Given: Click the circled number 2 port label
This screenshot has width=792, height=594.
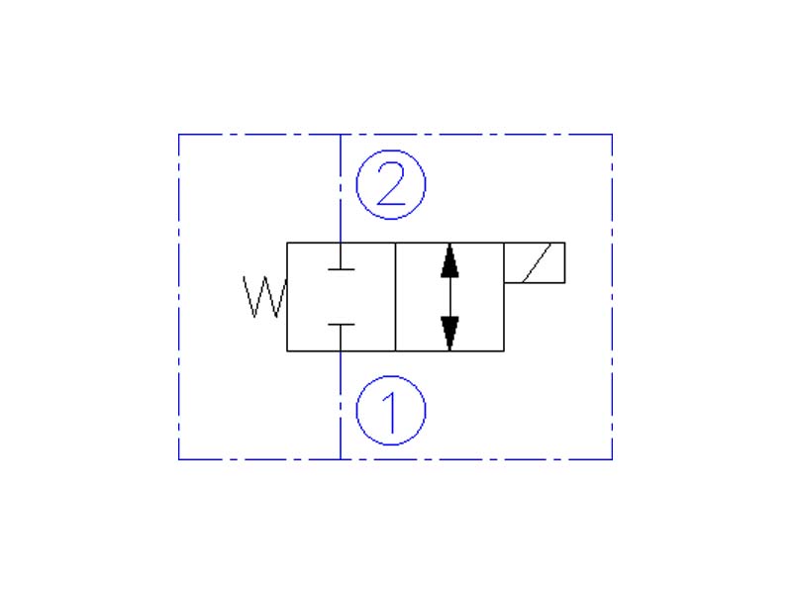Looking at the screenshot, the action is [391, 184].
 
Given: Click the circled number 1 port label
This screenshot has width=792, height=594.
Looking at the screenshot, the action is [391, 411].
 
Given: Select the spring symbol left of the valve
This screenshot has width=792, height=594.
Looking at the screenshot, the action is [264, 297].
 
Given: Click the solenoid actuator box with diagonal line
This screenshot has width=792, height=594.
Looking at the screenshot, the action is [535, 262].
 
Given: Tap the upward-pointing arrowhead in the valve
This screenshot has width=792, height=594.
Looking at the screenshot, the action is [449, 260].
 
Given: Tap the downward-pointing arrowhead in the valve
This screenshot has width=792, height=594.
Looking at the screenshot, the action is [449, 333].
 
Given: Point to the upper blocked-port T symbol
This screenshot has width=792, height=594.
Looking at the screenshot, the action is [341, 256].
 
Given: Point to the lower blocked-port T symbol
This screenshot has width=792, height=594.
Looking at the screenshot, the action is [341, 338].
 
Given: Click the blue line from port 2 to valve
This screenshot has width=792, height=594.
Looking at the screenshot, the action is [341, 188].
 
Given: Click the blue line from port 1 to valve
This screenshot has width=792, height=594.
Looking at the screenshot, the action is [341, 405].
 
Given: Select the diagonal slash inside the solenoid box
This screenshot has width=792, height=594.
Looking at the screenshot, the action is [537, 262].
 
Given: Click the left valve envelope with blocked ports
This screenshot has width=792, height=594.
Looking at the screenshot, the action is [341, 296].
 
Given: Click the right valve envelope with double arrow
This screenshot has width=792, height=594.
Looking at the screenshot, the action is [449, 296].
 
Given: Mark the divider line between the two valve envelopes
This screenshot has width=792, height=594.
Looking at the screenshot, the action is [395, 296].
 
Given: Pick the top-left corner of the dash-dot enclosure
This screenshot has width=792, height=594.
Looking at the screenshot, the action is [179, 135].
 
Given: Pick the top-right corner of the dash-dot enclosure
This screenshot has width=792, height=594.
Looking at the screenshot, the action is [612, 135].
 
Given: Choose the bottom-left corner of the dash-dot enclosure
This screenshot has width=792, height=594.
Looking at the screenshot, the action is [179, 459].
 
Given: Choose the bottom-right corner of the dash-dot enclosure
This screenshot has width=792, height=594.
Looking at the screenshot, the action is [612, 459].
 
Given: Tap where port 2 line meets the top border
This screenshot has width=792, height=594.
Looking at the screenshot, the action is [341, 135].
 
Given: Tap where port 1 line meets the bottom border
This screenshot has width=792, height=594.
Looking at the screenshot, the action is [341, 459].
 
